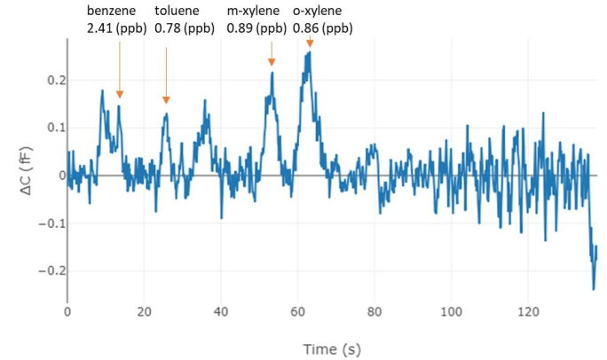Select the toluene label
point(176,12)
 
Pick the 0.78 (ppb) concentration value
point(185,28)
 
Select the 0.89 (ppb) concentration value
point(256,28)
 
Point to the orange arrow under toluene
point(166,75)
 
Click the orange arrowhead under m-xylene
point(272,61)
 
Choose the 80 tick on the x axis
point(374,312)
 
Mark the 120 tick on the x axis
point(528,312)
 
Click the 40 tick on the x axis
point(221,312)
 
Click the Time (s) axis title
point(332,348)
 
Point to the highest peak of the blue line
point(309,52)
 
